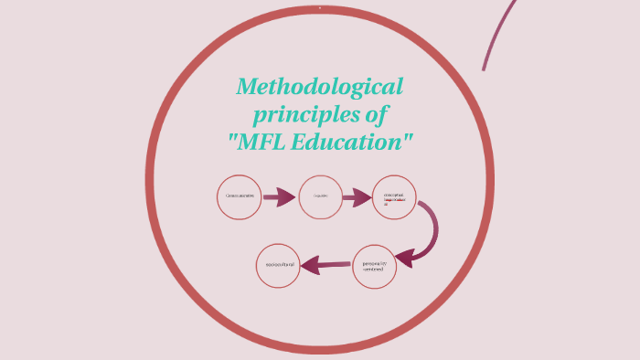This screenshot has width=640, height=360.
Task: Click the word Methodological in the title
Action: coord(319,88)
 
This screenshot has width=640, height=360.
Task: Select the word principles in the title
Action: coord(291,115)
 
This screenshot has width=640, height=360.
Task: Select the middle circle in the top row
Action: coord(320,196)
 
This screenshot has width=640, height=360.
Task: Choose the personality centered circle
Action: coord(376,266)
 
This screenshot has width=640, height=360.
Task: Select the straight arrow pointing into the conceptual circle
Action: coord(358,196)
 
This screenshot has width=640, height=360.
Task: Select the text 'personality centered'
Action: coord(376,266)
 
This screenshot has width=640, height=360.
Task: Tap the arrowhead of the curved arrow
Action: coord(404,257)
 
